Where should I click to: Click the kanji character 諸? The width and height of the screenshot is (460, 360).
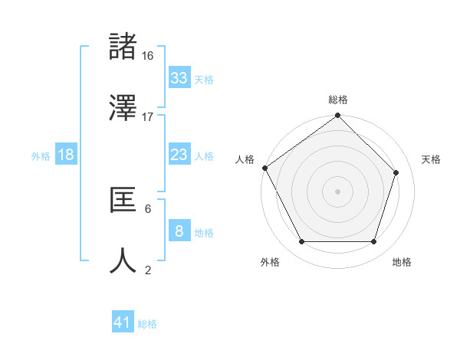pos(124,47)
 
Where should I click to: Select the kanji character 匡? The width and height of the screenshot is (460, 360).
pos(124,201)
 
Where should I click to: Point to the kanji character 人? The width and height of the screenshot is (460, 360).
pos(124,261)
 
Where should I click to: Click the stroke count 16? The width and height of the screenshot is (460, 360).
pos(148,56)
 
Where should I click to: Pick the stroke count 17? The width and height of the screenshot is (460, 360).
pos(148,117)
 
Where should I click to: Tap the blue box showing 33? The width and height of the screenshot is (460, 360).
pos(179,77)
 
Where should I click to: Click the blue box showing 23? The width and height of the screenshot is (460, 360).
pos(179,155)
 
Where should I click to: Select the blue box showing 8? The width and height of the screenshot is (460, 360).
pos(179,231)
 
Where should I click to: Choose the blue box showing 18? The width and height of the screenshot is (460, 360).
pos(66,155)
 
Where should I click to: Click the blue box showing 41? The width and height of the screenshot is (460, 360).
pos(123,322)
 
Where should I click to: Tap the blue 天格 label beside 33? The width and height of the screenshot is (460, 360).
pos(204,79)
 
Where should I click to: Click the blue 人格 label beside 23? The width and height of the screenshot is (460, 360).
pos(204,156)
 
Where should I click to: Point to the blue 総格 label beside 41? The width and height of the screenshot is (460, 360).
pos(147,324)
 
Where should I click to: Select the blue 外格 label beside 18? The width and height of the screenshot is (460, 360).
pos(41,156)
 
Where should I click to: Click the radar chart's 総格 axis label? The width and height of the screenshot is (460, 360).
pos(337,100)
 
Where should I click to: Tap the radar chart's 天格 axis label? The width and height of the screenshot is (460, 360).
pos(431,159)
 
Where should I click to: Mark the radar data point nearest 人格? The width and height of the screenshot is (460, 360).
pos(265,168)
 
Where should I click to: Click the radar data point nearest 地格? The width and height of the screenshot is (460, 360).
pos(373,242)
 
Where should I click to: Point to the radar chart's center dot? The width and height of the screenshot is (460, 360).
pos(337,191)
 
